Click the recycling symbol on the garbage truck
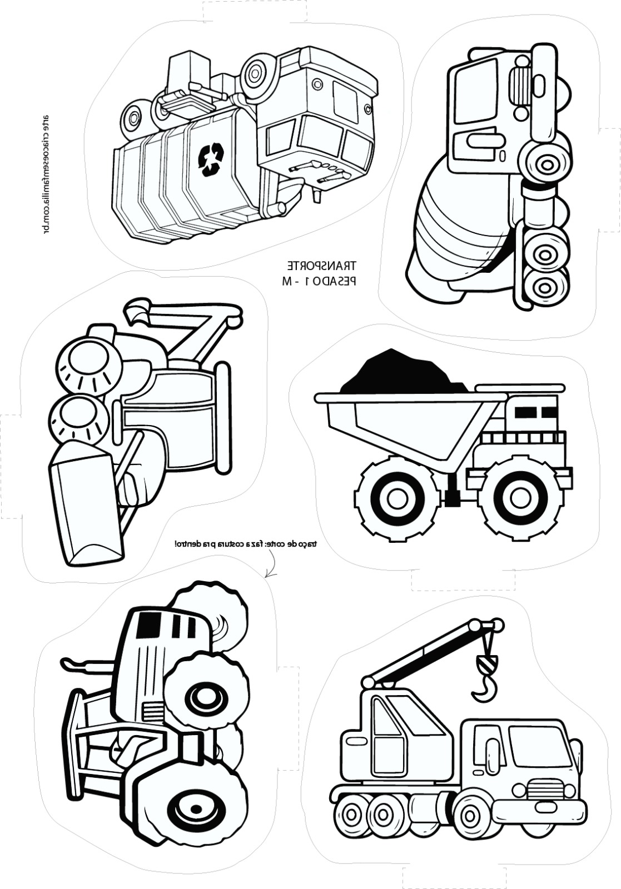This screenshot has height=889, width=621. point(210,159)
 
